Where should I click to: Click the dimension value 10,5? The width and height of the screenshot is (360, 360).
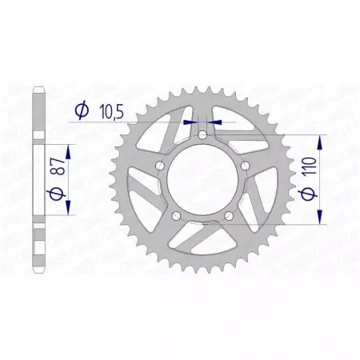113,112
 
